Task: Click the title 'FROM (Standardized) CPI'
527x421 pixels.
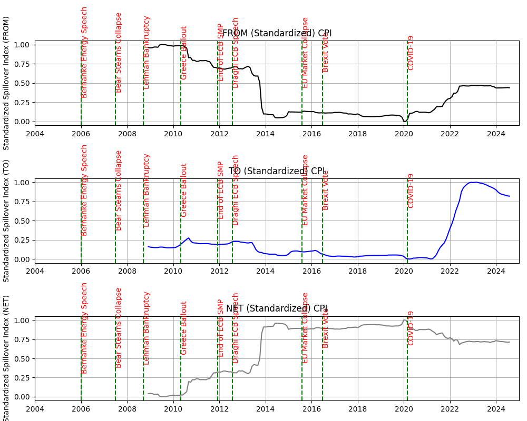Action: coord(277,34)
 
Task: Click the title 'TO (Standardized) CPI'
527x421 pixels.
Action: coord(277,171)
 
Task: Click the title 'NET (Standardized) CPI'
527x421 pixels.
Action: coord(277,308)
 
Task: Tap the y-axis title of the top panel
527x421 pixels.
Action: coord(6,83)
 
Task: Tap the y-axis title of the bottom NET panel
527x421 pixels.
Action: coord(6,358)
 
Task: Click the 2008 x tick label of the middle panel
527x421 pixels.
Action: coord(127,271)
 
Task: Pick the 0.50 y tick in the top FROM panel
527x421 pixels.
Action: coord(22,83)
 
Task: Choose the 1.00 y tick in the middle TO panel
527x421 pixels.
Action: coord(22,183)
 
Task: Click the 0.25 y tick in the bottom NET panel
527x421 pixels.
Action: coord(22,378)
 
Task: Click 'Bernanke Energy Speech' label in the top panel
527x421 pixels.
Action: coord(84,52)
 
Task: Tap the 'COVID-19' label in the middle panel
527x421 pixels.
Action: coord(411,191)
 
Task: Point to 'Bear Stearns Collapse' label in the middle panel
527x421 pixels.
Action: coord(119,190)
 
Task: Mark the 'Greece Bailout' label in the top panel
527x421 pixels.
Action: coord(184,53)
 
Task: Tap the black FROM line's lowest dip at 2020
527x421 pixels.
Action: coord(405,122)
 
